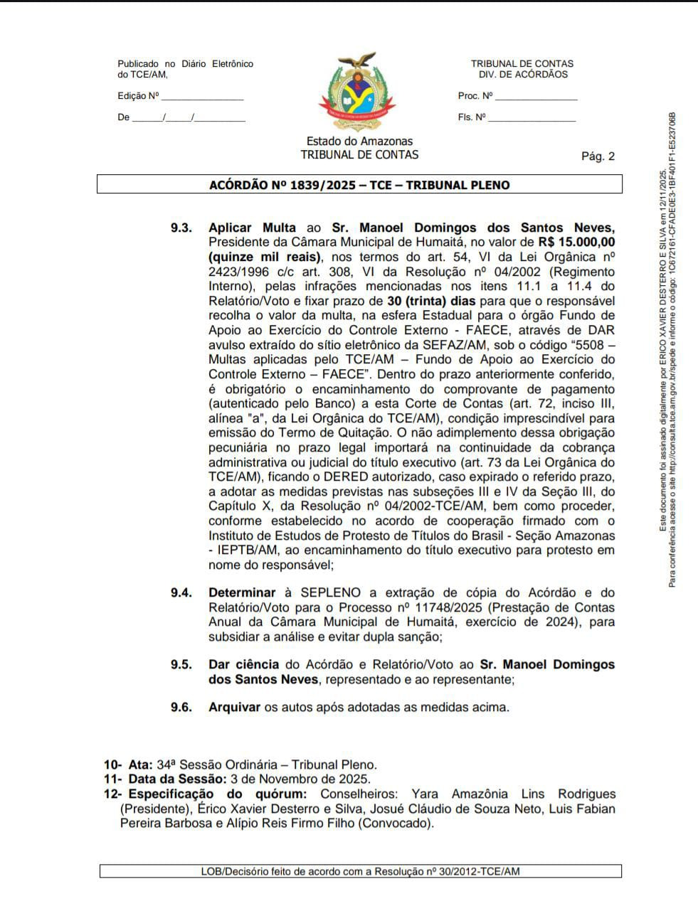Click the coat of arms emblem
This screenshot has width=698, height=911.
tap(359, 92)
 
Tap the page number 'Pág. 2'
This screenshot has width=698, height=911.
tap(598, 156)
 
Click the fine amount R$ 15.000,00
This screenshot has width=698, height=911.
tap(576, 243)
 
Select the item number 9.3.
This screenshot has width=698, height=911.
tap(181, 228)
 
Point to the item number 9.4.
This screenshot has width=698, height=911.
tap(181, 592)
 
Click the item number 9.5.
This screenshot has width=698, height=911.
tap(181, 664)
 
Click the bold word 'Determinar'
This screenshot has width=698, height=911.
tap(242, 592)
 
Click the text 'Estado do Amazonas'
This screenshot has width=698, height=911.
tap(359, 142)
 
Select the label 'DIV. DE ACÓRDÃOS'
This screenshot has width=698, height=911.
tap(523, 75)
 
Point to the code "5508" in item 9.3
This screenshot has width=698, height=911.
tap(583, 345)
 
